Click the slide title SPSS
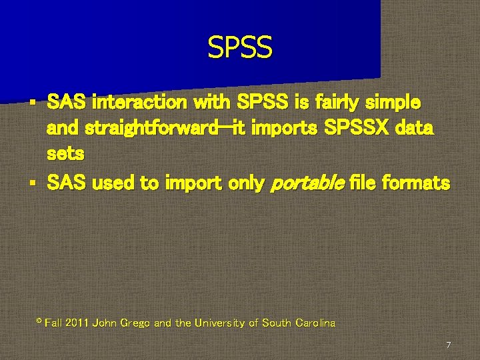(239, 47)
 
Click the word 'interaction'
(139, 103)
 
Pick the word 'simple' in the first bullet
(396, 103)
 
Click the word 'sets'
(65, 154)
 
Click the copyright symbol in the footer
(39, 322)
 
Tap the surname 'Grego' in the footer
(134, 323)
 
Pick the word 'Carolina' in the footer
(314, 323)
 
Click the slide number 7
(448, 345)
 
